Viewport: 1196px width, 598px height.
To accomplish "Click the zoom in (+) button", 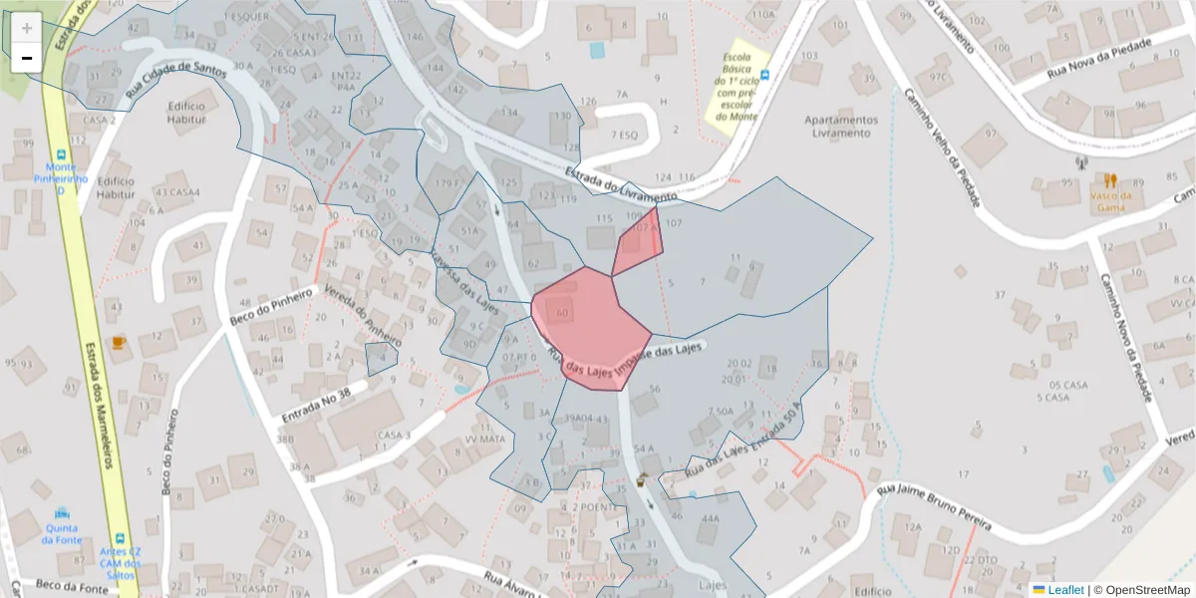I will point(27,28).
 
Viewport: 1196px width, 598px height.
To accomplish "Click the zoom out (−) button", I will point(27,58).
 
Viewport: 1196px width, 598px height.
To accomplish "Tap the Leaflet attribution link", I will point(1065,590).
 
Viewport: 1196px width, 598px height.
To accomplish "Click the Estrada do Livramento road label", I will point(619,184).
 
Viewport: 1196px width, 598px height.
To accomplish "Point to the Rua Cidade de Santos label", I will point(177,83).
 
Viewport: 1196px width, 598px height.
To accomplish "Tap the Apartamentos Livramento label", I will point(841,126).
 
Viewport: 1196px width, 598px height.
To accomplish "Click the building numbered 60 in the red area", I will point(563,313).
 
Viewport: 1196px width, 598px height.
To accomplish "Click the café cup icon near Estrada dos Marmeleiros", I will point(119,343).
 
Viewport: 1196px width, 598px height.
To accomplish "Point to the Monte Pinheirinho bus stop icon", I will point(62,156).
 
